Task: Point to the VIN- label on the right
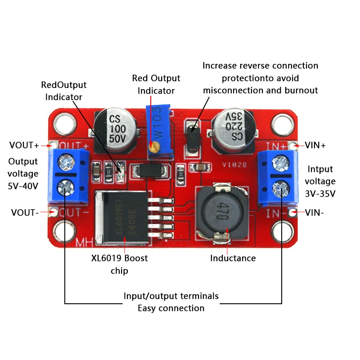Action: coord(315,212)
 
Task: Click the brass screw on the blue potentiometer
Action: coord(154,146)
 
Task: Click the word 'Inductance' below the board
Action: coord(233,258)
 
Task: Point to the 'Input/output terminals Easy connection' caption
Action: coord(171,302)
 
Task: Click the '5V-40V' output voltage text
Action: coord(23,185)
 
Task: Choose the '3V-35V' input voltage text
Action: coord(320,194)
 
